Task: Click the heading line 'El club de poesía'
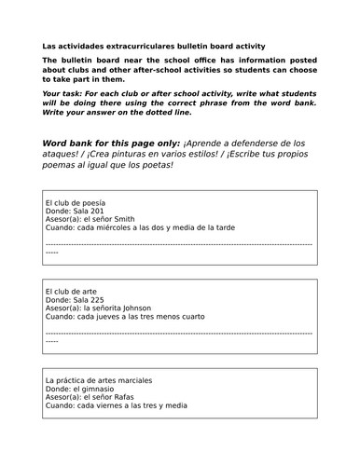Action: click(x=75, y=202)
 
